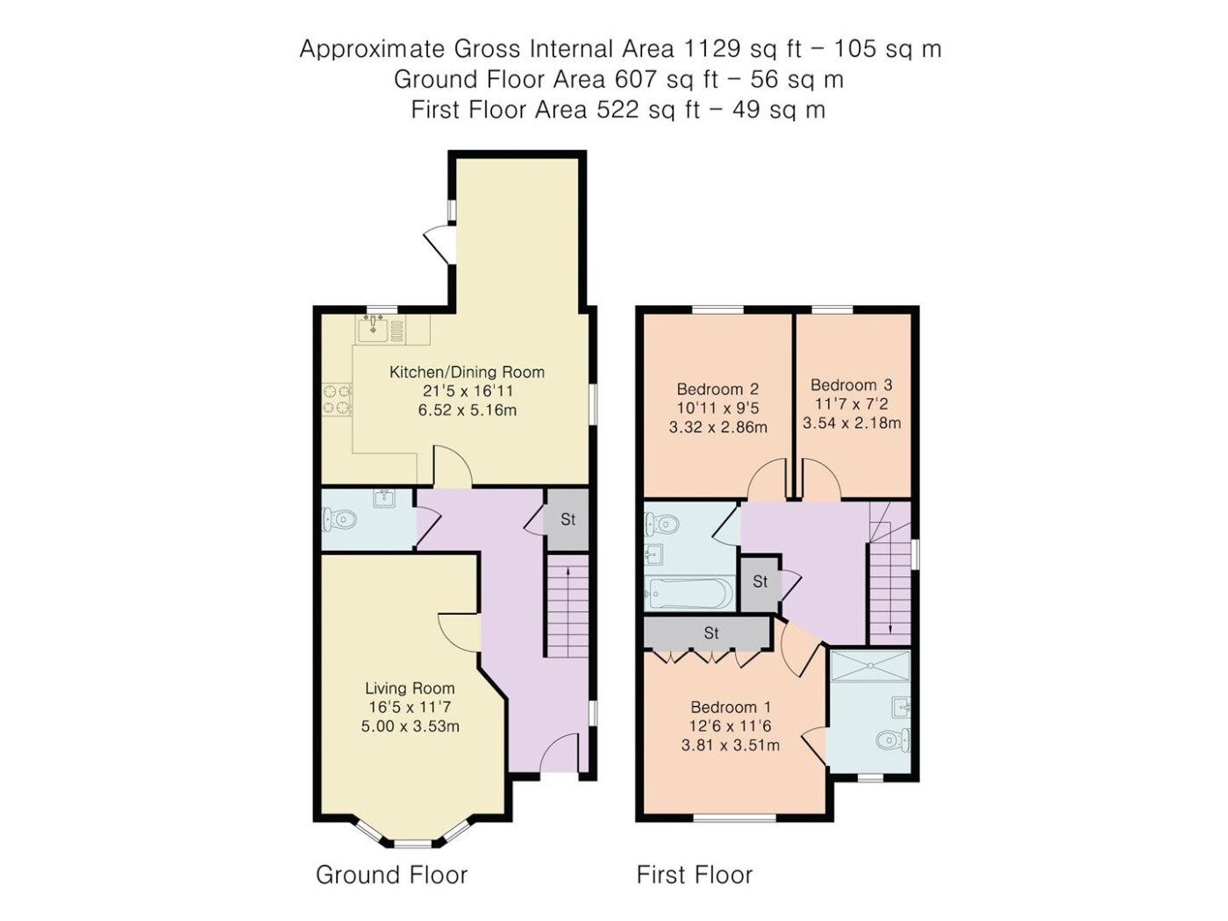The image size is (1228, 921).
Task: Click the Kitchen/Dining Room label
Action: (467, 373)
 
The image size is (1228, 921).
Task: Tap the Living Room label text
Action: (411, 689)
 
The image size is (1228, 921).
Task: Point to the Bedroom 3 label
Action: (852, 385)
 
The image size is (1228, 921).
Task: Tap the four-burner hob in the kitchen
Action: (336, 399)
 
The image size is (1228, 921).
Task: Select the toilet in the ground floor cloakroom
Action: (339, 520)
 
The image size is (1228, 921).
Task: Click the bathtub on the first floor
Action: (689, 593)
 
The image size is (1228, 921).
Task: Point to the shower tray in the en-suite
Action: (870, 666)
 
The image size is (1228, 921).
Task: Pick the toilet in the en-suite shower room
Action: (893, 740)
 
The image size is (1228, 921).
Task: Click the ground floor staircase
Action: (568, 605)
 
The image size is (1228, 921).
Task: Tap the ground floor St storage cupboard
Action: (568, 519)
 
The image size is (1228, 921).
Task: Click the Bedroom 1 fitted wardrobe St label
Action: (711, 633)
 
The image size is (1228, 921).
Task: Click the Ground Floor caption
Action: (391, 875)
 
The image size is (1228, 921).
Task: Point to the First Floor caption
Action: (695, 875)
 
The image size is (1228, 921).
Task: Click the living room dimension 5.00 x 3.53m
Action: (411, 726)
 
